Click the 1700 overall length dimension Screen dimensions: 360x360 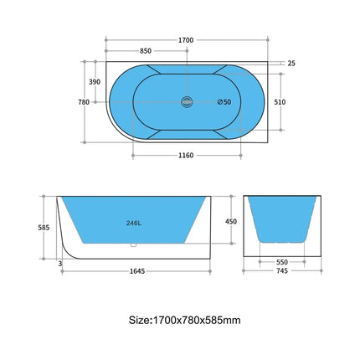185,39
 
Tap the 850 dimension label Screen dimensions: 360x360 145,50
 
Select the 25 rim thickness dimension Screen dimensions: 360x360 291,63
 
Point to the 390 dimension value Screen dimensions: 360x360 95,81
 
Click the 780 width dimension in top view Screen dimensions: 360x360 84,102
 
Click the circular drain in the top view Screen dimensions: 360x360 187,102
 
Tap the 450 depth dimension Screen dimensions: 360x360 231,222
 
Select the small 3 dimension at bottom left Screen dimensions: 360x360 59,263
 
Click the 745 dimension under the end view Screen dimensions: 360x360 282,271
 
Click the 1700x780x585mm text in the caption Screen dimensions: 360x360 196,319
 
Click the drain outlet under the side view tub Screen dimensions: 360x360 133,245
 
